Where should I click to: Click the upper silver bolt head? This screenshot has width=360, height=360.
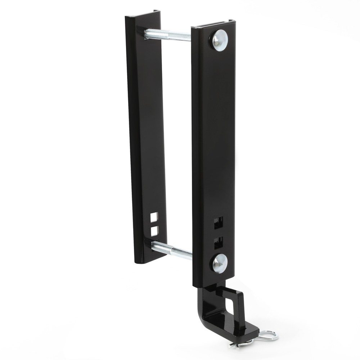[x=220, y=40]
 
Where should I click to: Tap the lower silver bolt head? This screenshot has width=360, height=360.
[x=220, y=263]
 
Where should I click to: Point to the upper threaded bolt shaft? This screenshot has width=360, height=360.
[x=168, y=35]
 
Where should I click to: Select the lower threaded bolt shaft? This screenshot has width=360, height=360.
[x=172, y=250]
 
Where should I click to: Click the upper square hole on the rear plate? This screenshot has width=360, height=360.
[x=154, y=217]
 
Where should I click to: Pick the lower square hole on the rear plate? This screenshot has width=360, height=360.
[x=154, y=231]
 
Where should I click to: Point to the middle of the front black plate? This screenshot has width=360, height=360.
[x=214, y=151]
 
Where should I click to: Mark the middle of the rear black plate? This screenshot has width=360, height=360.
[x=146, y=137]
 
